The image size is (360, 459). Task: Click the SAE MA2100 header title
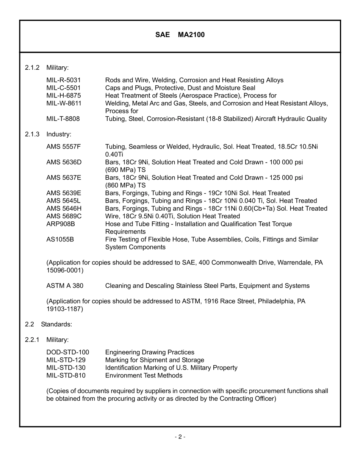[180, 35]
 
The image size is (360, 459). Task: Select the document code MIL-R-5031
[63, 80]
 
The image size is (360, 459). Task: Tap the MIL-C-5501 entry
[63, 88]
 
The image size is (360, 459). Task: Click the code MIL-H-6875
[63, 96]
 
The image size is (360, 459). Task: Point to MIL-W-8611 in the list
[64, 103]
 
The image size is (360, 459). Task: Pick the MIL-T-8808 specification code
[63, 119]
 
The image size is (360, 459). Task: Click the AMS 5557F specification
[64, 147]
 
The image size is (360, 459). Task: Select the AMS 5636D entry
[64, 162]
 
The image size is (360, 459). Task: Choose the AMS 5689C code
[64, 216]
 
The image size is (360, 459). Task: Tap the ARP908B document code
[61, 224]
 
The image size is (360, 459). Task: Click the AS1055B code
[60, 240]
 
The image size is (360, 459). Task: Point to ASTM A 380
[65, 286]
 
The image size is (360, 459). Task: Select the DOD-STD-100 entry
[67, 352]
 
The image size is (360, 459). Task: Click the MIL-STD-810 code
[66, 376]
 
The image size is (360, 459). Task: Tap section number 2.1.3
[32, 134]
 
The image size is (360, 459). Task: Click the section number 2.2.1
[32, 340]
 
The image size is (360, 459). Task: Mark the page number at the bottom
[180, 437]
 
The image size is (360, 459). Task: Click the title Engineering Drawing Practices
[150, 352]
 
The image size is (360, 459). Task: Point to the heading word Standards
[56, 324]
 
